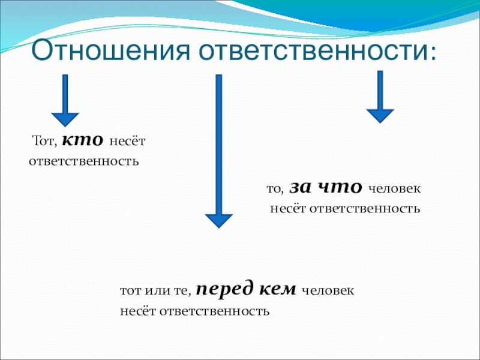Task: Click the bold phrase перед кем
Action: pyautogui.click(x=246, y=290)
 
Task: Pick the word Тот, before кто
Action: pyautogui.click(x=44, y=142)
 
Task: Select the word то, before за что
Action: pyautogui.click(x=275, y=190)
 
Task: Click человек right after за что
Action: pyautogui.click(x=394, y=190)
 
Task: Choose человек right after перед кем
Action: pyautogui.click(x=328, y=292)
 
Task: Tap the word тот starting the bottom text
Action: pyautogui.click(x=130, y=292)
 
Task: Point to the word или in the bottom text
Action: pyautogui.click(x=155, y=292)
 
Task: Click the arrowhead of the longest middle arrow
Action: pyautogui.click(x=219, y=220)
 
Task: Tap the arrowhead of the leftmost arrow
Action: pyautogui.click(x=65, y=120)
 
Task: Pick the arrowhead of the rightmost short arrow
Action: pyautogui.click(x=380, y=115)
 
